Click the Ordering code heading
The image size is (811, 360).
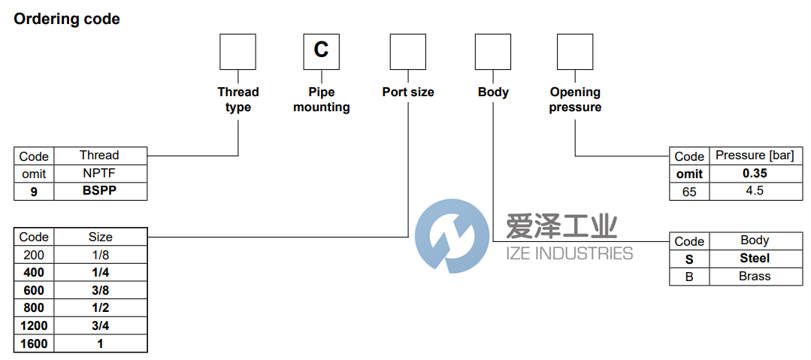pos(67,20)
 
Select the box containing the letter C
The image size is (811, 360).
pos(321,51)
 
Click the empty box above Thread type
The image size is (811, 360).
pos(238,51)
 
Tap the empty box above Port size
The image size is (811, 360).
pos(408,51)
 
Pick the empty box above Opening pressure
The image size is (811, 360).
pos(575,51)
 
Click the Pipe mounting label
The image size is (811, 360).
pos(321,99)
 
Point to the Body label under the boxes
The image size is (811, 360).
pos(493,92)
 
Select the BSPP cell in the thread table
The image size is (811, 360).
pos(99,191)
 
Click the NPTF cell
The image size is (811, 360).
pos(99,174)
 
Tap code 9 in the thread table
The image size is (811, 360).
pos(34,191)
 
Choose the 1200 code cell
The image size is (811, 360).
pos(34,326)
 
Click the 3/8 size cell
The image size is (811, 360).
pos(100,290)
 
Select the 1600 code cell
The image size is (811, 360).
pos(34,343)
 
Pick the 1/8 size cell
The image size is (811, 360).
pos(100,255)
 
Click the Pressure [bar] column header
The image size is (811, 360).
pos(754,156)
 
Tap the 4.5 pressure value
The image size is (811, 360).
pos(754,191)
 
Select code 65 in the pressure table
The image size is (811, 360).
pos(689,192)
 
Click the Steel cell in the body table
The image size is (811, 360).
pos(754,258)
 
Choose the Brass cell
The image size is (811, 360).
pos(754,276)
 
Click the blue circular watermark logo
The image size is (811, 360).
pos(451,236)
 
